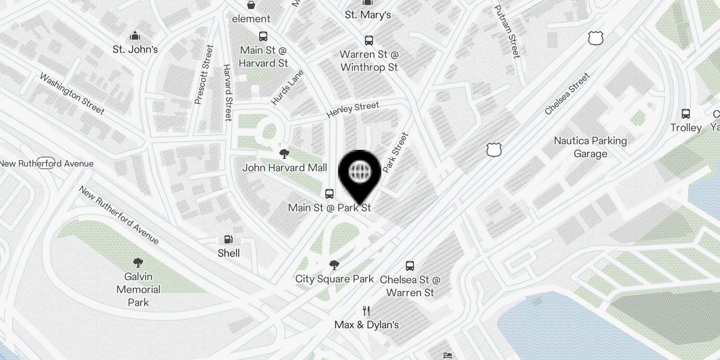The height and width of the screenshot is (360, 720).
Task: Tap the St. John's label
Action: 135,49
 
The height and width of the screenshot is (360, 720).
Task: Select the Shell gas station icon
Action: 229,240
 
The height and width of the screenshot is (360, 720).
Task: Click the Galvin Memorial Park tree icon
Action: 138,263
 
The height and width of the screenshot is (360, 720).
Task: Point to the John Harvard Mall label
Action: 284,168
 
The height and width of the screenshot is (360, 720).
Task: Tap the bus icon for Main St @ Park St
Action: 329,194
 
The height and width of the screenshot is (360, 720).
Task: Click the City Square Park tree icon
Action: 334,265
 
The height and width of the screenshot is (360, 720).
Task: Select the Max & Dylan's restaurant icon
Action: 367,311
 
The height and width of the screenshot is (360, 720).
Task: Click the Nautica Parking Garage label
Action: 590,147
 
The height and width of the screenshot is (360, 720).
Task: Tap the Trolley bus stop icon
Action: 686,114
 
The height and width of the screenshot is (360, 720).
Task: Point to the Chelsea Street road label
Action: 567,94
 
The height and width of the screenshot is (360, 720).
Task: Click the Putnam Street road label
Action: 507,31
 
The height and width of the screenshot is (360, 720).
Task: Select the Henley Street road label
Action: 353,109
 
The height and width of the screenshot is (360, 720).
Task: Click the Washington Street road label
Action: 72,94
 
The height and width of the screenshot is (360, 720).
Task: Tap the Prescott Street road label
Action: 203,75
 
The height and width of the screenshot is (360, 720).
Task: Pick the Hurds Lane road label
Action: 287,88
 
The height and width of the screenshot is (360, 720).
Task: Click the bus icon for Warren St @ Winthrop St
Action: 369,40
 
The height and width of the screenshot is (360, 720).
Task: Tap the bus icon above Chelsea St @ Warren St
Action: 410,265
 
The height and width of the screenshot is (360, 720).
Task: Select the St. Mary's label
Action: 368,15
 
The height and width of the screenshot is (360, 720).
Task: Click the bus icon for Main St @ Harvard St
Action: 263,36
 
